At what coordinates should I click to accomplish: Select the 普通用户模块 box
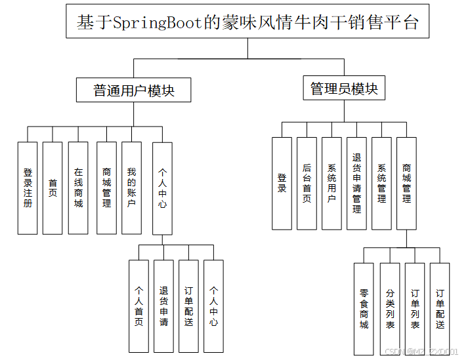pyautogui.click(x=134, y=90)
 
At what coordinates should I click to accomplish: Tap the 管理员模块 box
pyautogui.click(x=344, y=89)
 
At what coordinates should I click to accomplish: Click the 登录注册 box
pyautogui.click(x=28, y=188)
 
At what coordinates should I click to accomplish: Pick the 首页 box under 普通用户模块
pyautogui.click(x=53, y=188)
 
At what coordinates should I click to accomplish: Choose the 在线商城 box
pyautogui.click(x=78, y=188)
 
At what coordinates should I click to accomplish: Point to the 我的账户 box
pyautogui.click(x=131, y=188)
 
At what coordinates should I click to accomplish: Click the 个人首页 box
pyautogui.click(x=139, y=306)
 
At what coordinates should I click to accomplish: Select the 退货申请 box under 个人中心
pyautogui.click(x=163, y=306)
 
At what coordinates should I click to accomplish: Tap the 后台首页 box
pyautogui.click(x=307, y=183)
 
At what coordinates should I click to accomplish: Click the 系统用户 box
pyautogui.click(x=331, y=183)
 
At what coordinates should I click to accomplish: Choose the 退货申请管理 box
pyautogui.click(x=356, y=183)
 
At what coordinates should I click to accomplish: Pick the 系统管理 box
pyautogui.click(x=381, y=183)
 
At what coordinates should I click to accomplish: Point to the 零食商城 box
pyautogui.click(x=364, y=308)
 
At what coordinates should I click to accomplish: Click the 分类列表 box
pyautogui.click(x=390, y=308)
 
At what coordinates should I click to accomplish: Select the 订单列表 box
pyautogui.click(x=415, y=308)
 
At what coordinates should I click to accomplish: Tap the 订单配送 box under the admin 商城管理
pyautogui.click(x=440, y=308)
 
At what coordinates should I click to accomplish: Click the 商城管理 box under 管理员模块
pyautogui.click(x=406, y=183)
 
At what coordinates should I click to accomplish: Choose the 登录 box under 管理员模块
pyautogui.click(x=282, y=183)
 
